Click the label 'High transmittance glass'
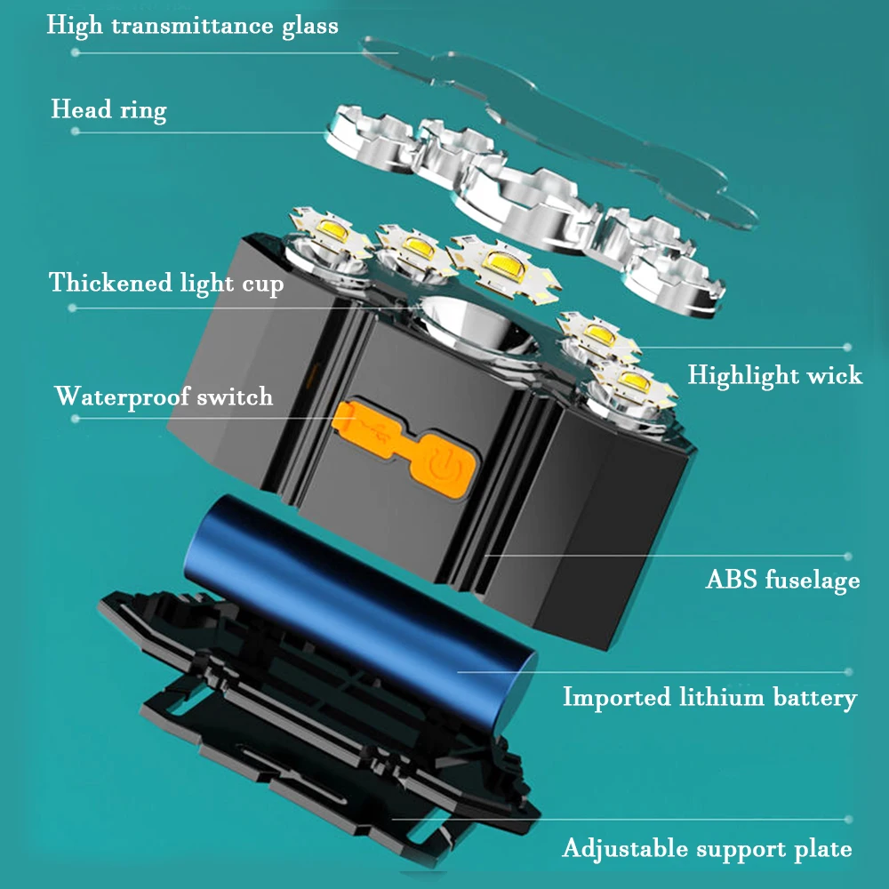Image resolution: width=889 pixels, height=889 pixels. coord(192,25)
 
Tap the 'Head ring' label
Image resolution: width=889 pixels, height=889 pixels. coord(108,110)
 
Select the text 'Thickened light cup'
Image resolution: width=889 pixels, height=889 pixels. coord(166,284)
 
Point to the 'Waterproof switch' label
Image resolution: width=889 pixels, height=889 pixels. coord(164,396)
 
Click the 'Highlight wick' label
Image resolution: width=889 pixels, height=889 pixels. coord(774,375)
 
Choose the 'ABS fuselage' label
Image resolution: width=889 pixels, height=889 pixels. coord(782,581)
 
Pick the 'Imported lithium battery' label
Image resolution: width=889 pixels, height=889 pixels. coord(709,698)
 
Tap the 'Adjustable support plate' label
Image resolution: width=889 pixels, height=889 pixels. coord(707,849)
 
